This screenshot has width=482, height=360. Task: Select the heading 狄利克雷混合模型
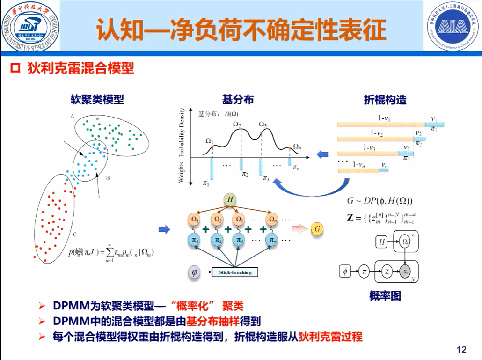point(81,69)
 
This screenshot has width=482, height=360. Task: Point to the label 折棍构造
point(385,99)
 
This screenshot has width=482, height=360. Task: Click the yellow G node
point(317,228)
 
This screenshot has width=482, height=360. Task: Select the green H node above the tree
point(230,199)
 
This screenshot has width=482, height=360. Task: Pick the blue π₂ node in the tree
point(218,240)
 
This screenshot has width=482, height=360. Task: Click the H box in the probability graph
point(381,242)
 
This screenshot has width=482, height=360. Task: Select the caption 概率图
point(385,296)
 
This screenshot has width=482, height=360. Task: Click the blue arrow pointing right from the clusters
point(164,229)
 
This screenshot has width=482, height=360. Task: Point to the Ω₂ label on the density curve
point(237,124)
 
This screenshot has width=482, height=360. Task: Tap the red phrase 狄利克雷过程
point(330,337)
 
